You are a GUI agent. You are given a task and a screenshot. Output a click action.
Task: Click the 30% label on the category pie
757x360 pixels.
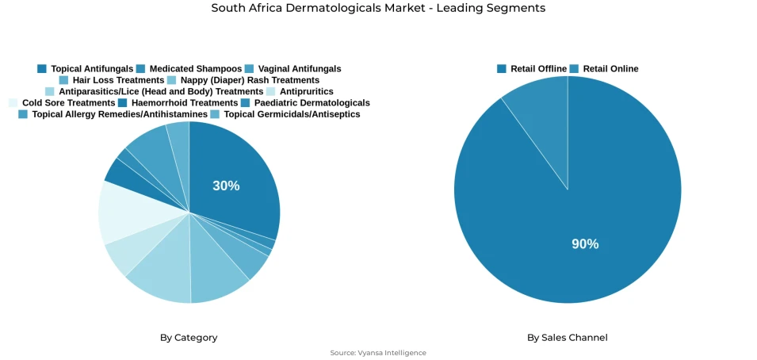coord(226,186)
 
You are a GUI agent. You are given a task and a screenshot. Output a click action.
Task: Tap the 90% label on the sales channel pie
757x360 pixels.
coord(585,243)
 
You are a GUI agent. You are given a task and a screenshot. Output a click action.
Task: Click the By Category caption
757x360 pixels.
coord(189,338)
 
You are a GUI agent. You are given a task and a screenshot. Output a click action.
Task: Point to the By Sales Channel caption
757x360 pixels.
coord(568,338)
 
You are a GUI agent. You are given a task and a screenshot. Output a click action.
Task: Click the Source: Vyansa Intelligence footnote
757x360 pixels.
coord(378,353)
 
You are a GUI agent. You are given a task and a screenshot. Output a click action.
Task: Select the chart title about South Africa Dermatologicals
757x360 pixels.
coord(378,8)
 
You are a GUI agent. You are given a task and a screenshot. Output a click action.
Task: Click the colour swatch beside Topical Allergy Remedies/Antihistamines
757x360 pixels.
coord(23,114)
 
